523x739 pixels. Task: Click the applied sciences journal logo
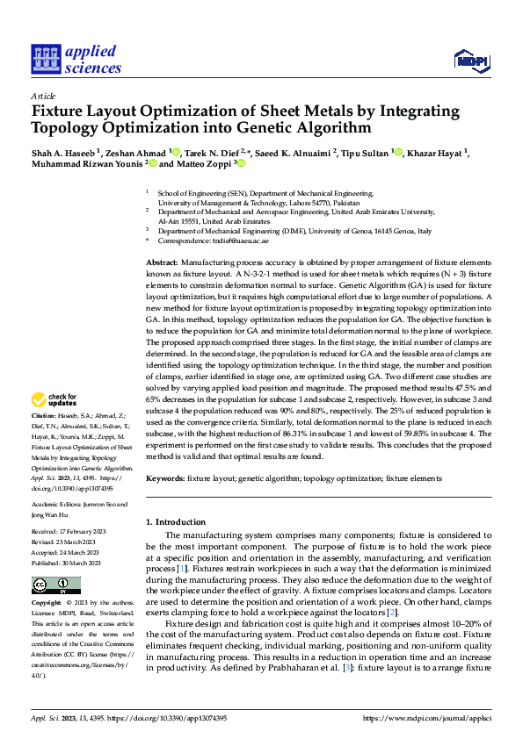(76, 57)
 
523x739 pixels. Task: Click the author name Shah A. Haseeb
(64, 153)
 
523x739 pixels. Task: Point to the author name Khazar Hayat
(439, 153)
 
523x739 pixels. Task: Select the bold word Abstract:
(162, 262)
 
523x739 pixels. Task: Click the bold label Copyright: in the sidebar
(47, 604)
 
